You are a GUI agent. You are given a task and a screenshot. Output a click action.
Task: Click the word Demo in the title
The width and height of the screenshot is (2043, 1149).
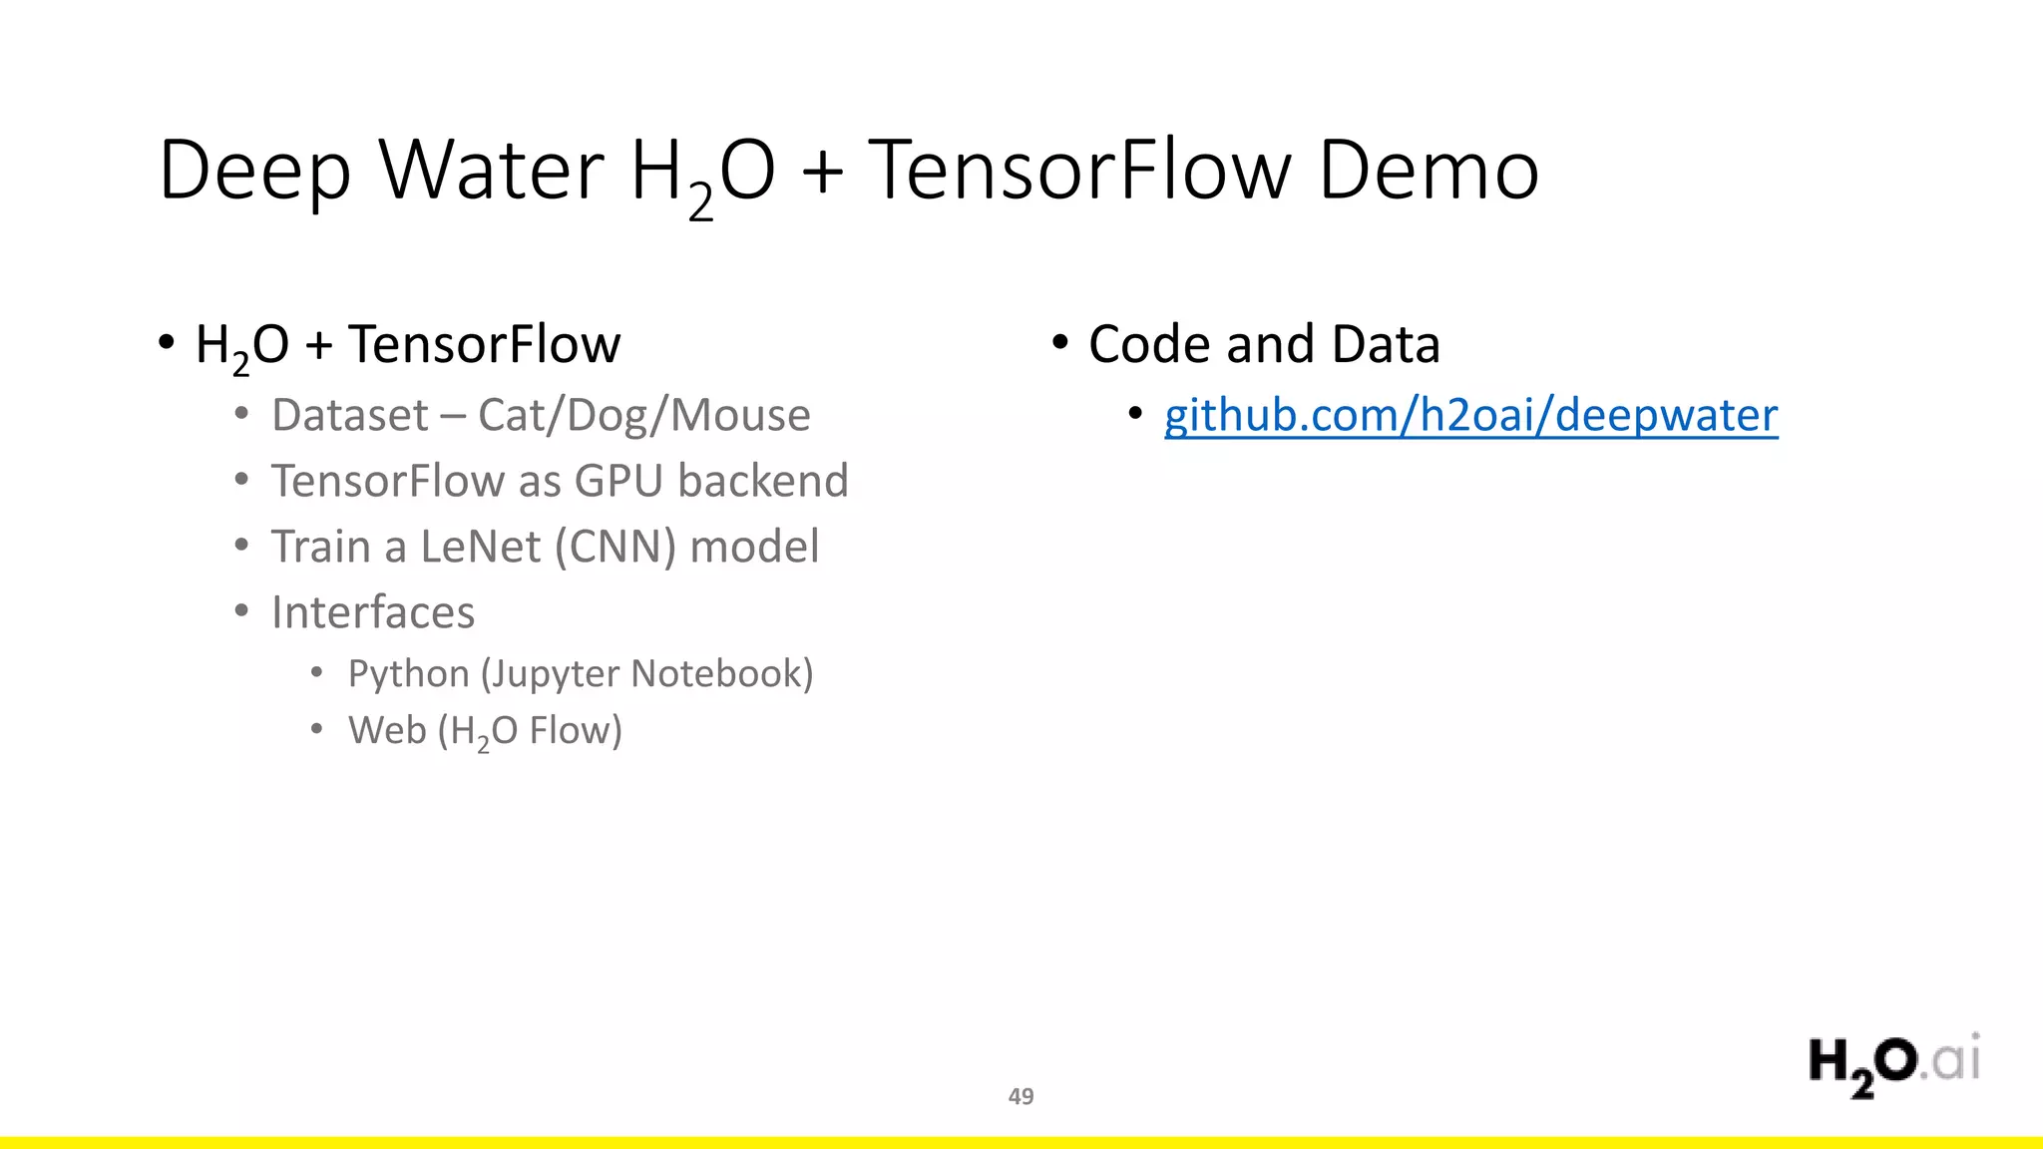click(x=1429, y=170)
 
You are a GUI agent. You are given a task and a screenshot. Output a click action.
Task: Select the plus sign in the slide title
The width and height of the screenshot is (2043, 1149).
click(x=822, y=172)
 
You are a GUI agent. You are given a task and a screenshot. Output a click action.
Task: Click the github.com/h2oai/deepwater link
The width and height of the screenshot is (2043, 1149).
click(x=1470, y=415)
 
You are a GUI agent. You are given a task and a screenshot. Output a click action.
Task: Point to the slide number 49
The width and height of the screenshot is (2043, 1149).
click(x=1021, y=1096)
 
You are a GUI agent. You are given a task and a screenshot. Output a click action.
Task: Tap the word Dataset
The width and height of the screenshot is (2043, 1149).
click(x=349, y=415)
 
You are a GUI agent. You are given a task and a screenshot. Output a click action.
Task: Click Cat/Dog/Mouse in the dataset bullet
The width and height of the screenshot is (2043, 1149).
click(x=643, y=415)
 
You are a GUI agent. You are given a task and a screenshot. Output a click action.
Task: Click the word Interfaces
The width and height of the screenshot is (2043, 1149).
click(x=373, y=612)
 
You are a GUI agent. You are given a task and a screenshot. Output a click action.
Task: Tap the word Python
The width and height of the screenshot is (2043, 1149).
click(x=408, y=674)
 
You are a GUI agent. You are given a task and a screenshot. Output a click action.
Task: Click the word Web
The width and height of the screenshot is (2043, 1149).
click(x=387, y=730)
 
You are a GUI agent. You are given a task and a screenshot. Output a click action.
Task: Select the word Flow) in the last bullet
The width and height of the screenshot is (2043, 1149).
click(x=576, y=730)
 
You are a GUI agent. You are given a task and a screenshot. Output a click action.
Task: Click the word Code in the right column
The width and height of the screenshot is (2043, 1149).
click(x=1150, y=344)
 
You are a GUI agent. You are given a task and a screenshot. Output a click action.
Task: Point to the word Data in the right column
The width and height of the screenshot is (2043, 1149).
click(x=1386, y=344)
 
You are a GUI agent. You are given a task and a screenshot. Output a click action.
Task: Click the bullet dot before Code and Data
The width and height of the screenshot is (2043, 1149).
click(x=1059, y=342)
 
